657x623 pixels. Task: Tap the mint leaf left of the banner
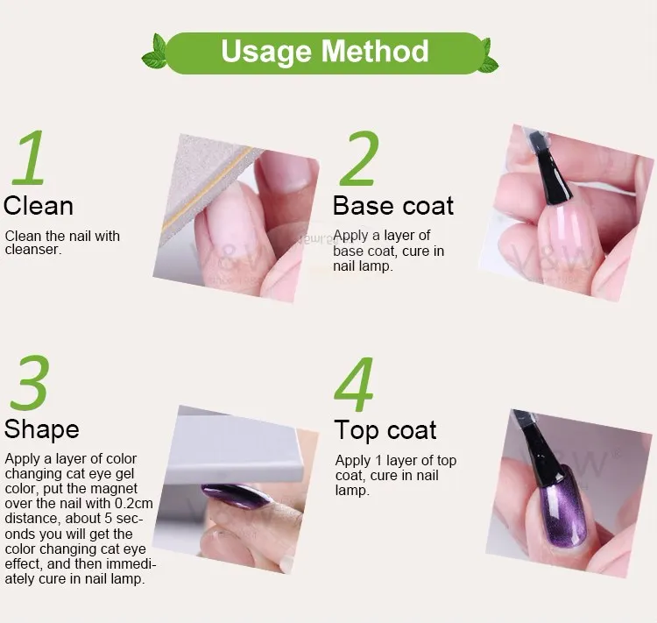tap(155, 55)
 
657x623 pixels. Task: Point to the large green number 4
tap(356, 385)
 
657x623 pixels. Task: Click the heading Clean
tap(39, 206)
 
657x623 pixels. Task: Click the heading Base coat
tap(393, 206)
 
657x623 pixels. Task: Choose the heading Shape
tap(41, 429)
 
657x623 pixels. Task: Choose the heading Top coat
tap(385, 430)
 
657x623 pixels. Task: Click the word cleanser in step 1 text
tap(34, 250)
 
